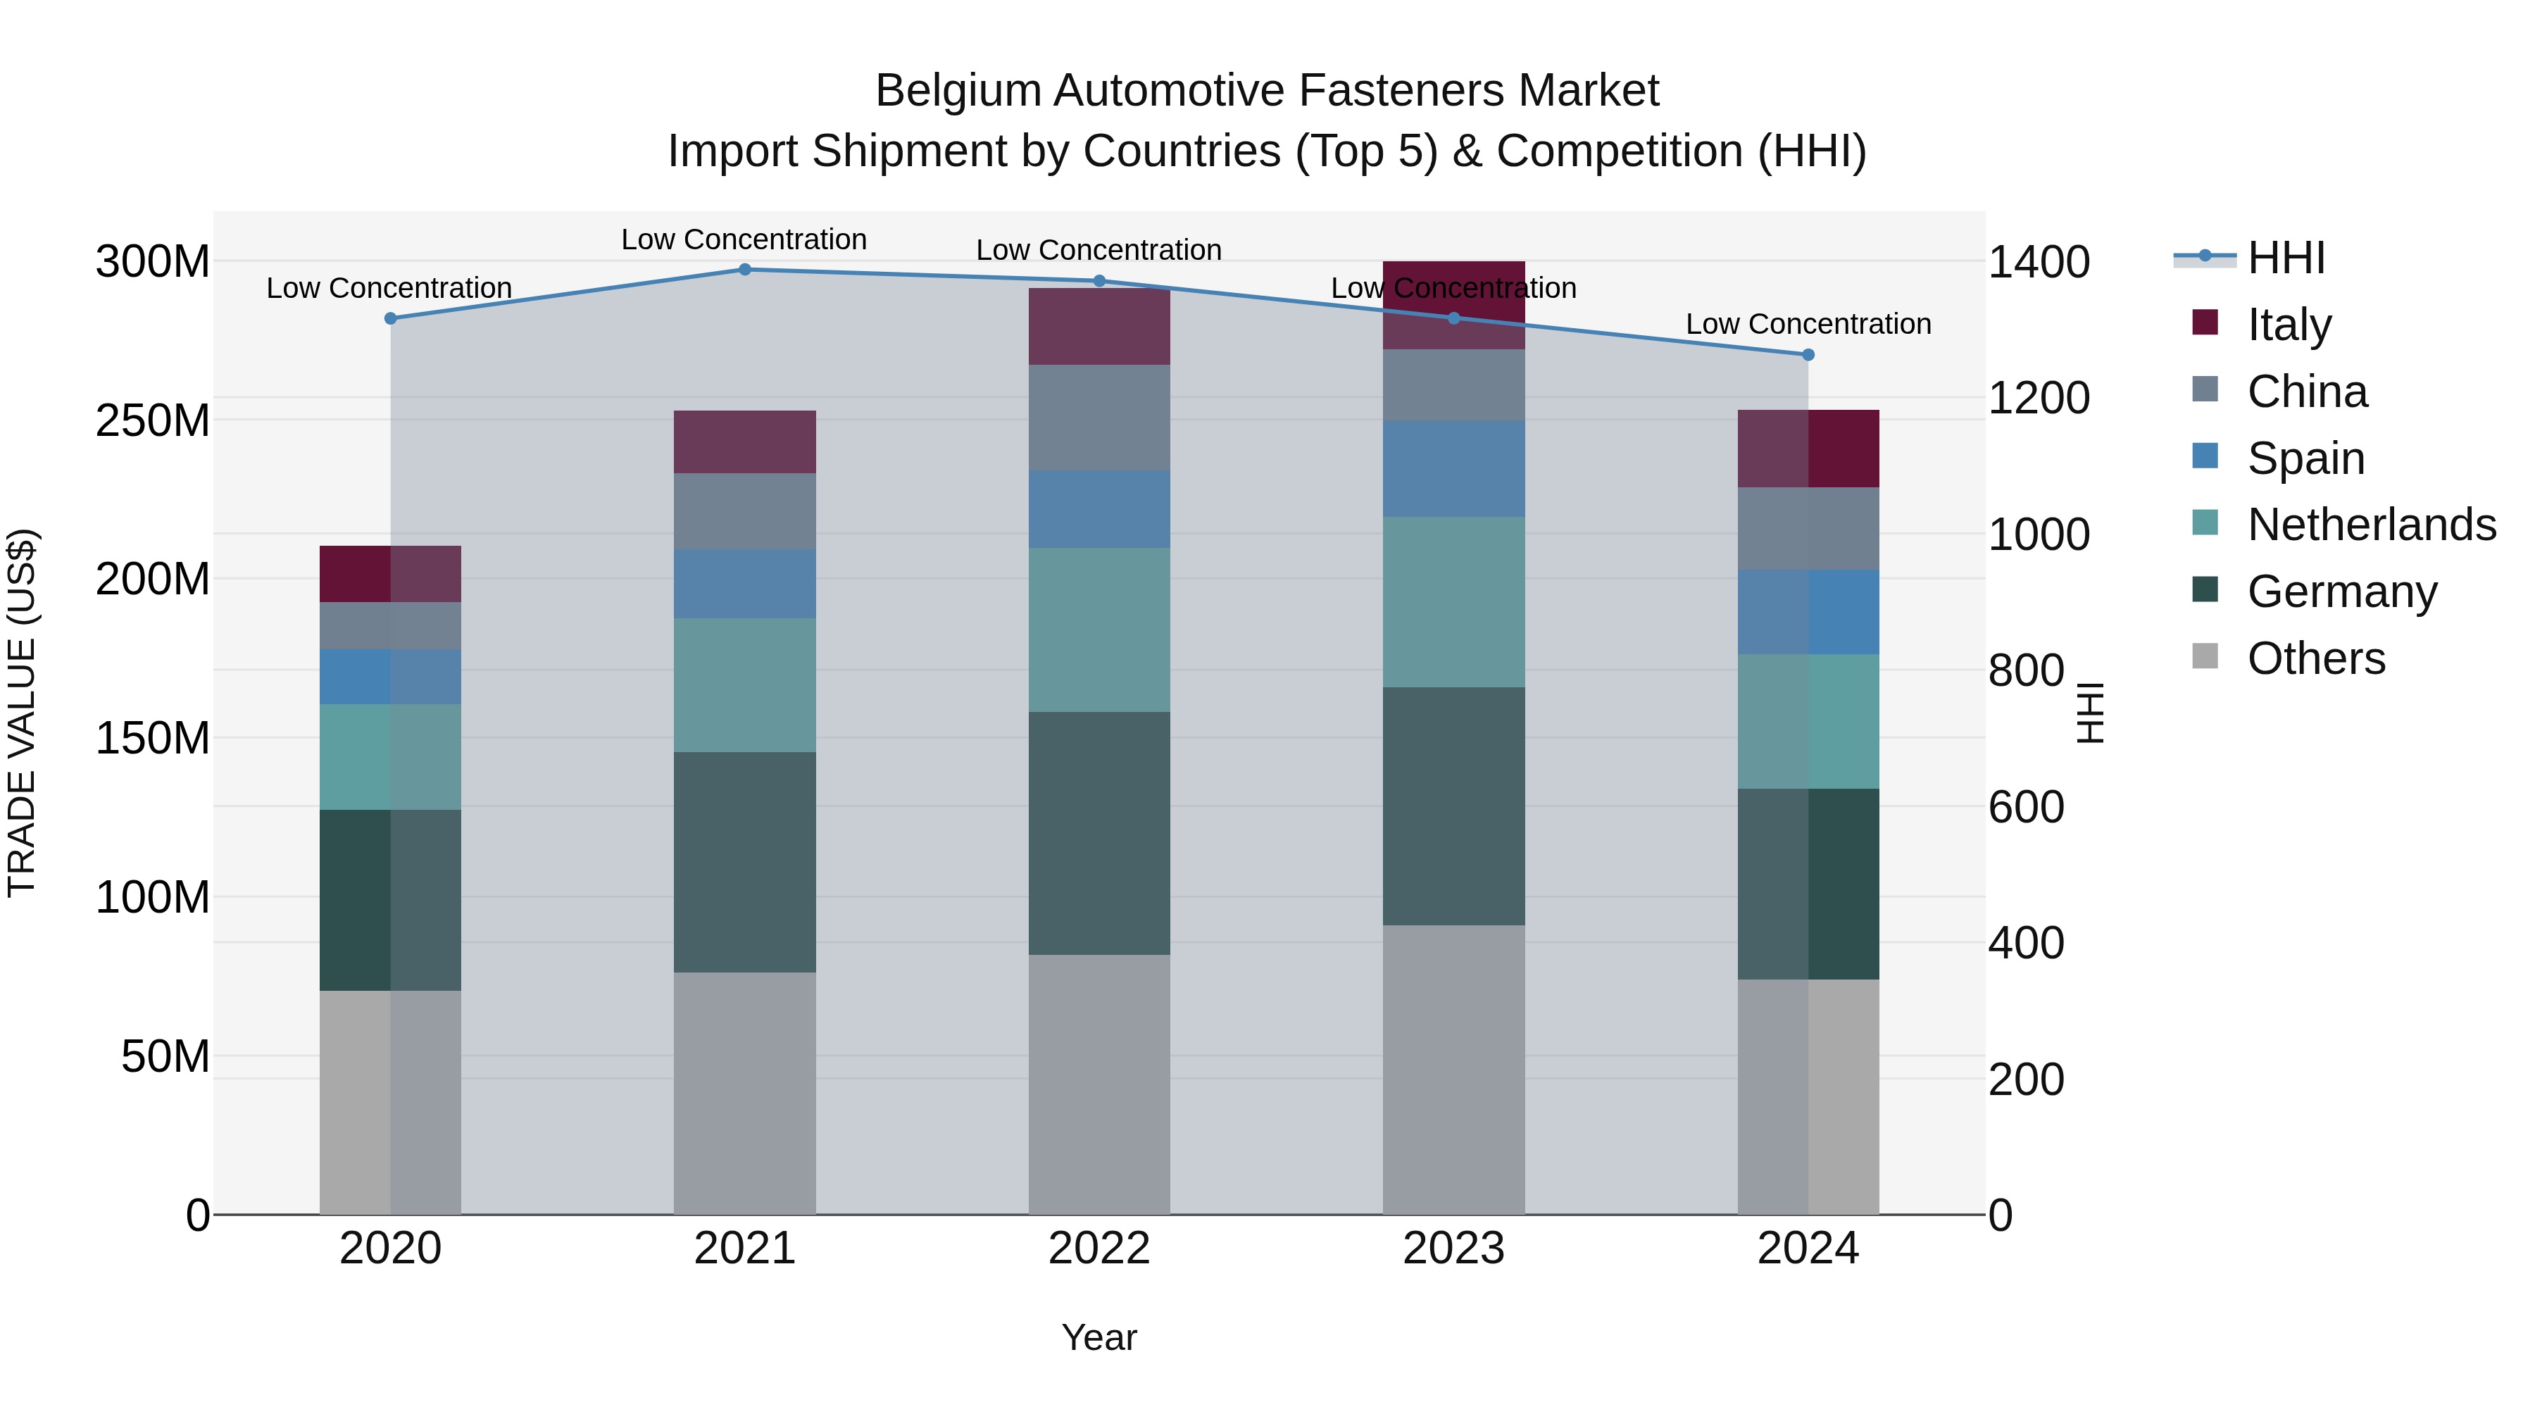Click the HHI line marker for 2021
click(744, 270)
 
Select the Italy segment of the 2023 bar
click(1453, 305)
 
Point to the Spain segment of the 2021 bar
click(744, 584)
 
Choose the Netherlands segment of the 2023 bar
click(1453, 601)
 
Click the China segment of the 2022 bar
click(1099, 418)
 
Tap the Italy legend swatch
click(2205, 323)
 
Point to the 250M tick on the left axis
click(153, 421)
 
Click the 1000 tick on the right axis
click(2038, 534)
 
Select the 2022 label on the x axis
click(1099, 1249)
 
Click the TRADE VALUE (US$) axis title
click(22, 713)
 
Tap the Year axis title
click(1099, 1337)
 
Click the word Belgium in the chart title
click(958, 91)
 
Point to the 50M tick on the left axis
click(165, 1057)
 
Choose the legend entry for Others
click(2315, 658)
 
